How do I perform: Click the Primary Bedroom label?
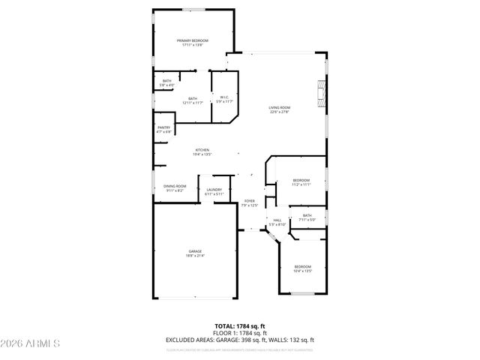click(193, 42)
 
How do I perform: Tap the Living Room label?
click(280, 109)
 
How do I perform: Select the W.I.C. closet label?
click(224, 99)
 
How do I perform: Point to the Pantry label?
click(163, 129)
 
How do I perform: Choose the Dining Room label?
click(175, 188)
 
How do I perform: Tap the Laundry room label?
click(214, 191)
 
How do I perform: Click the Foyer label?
click(250, 203)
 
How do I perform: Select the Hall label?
click(277, 222)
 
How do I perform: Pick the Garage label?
click(195, 253)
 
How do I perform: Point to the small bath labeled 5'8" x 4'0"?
click(166, 82)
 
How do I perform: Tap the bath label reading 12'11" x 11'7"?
click(193, 100)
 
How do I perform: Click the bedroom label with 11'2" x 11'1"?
click(301, 182)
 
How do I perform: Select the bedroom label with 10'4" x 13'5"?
click(302, 268)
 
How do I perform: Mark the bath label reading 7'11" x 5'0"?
click(307, 217)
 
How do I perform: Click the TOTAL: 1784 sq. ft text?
click(240, 326)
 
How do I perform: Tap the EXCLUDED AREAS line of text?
click(240, 340)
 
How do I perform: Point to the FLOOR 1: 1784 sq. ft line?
click(240, 333)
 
